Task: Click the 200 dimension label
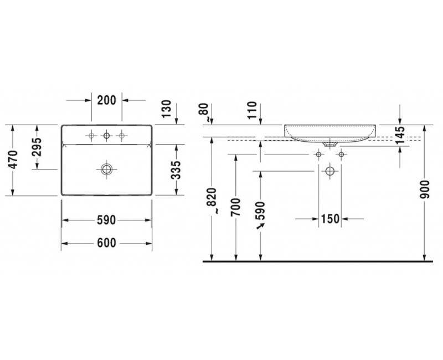click(x=106, y=100)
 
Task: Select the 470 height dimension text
click(x=13, y=160)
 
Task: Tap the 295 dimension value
click(x=37, y=147)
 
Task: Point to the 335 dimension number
click(x=176, y=170)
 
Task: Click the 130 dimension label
click(x=167, y=109)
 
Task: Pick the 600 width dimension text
click(x=106, y=243)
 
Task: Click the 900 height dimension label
click(x=424, y=189)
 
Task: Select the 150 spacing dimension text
click(x=330, y=219)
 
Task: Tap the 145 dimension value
click(x=400, y=135)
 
